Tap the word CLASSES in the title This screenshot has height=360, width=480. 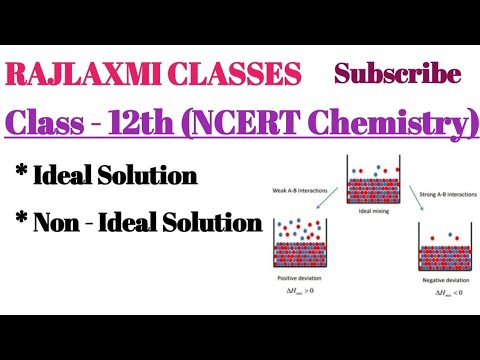tap(237, 74)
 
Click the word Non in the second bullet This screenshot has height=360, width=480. tap(59, 222)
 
